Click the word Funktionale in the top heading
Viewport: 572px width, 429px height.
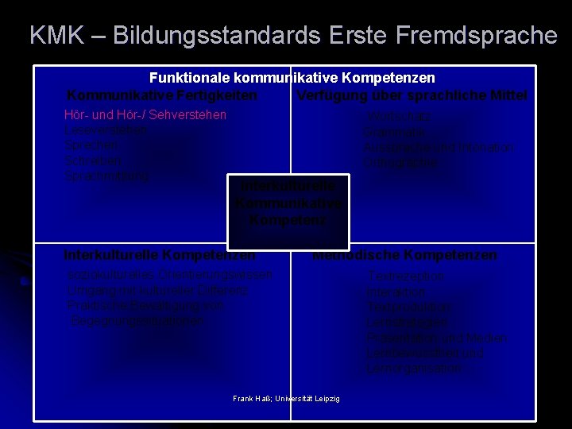[x=187, y=79]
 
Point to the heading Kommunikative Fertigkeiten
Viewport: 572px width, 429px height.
[x=162, y=95]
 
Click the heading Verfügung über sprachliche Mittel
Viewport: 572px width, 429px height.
[x=412, y=95]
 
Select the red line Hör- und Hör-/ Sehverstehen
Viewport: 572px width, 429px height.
[x=145, y=115]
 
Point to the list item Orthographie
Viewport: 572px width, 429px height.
[x=401, y=162]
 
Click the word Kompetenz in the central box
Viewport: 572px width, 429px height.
[x=288, y=220]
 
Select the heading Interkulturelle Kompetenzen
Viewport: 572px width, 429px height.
[x=160, y=255]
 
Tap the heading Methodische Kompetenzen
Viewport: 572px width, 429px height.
[x=404, y=255]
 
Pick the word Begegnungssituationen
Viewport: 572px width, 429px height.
[x=137, y=320]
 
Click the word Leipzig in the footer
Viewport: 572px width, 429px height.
[x=326, y=398]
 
